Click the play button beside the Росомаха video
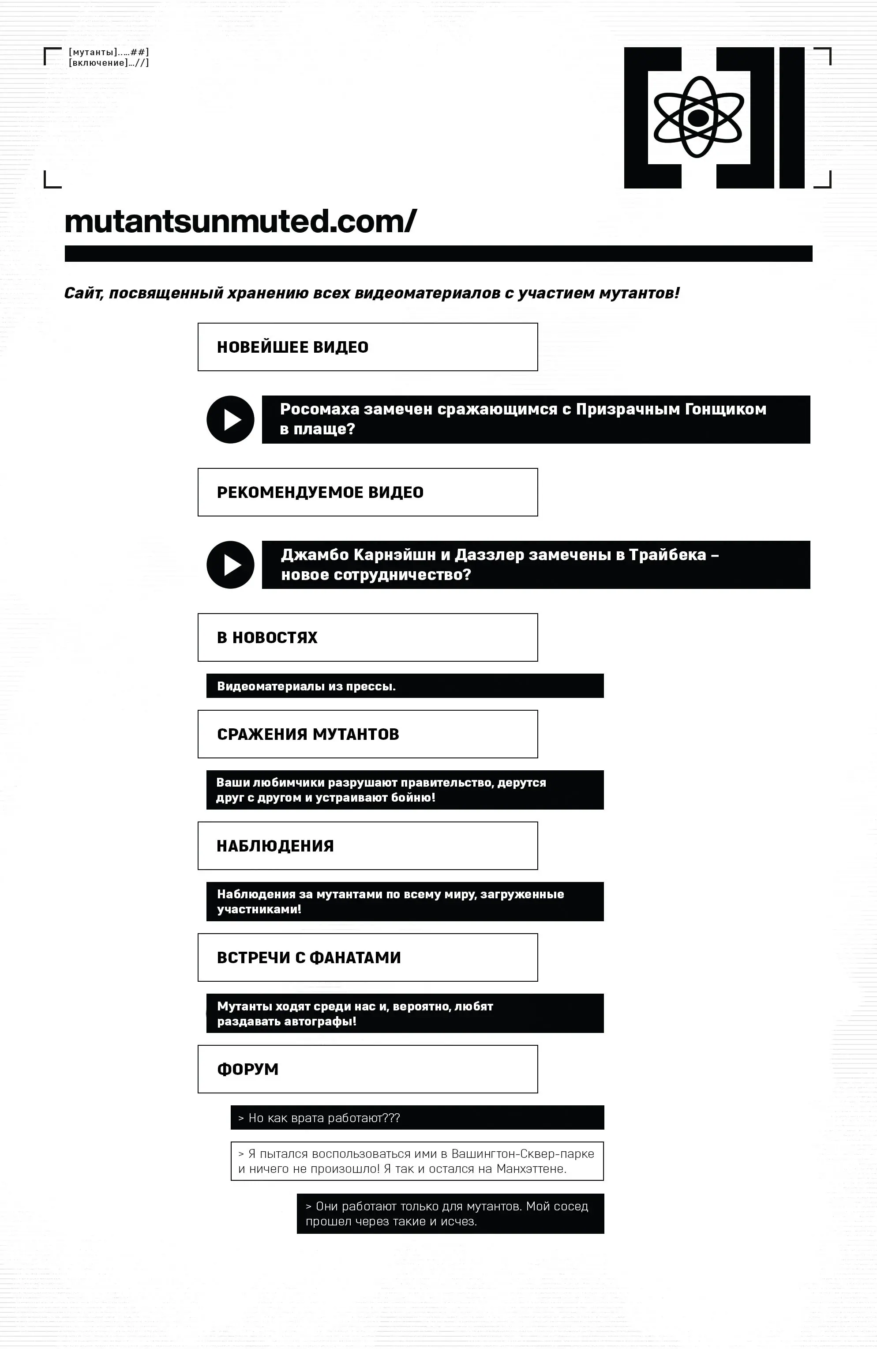tap(230, 419)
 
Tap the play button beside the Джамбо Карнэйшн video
tap(230, 565)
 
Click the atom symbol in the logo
tap(697, 117)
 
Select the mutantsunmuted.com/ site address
tap(240, 221)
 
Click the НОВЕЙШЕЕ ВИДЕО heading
tap(292, 347)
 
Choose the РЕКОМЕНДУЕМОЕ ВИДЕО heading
tap(320, 492)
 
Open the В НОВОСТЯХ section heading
tap(267, 637)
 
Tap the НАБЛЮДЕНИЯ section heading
tap(275, 846)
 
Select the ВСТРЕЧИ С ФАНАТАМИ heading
tap(309, 957)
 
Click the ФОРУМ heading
tap(247, 1069)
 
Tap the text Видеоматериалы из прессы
tap(306, 686)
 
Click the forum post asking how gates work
tap(324, 1118)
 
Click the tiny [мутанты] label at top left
tap(93, 52)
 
